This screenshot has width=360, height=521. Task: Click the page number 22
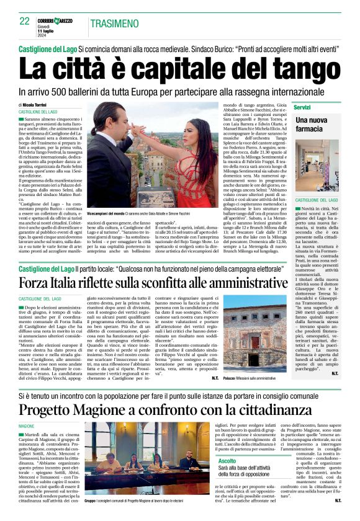25,21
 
